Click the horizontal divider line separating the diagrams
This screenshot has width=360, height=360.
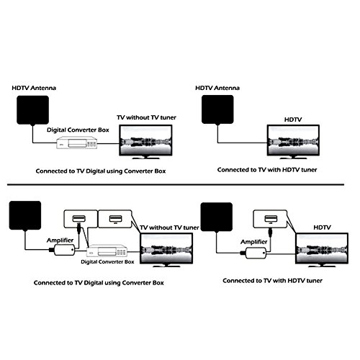click(x=176, y=185)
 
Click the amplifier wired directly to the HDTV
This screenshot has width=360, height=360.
click(x=256, y=253)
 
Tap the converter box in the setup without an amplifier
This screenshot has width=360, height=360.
click(x=77, y=143)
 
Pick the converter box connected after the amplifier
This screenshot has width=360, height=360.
click(x=107, y=251)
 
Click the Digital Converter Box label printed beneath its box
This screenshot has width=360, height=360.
click(x=107, y=262)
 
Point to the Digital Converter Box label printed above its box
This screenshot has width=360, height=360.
click(x=78, y=130)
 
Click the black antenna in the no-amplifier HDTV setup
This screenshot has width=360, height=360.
click(x=217, y=109)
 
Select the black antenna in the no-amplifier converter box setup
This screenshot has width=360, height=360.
click(x=32, y=110)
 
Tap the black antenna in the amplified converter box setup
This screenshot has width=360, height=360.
click(x=25, y=215)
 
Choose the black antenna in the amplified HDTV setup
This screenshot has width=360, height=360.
click(x=217, y=217)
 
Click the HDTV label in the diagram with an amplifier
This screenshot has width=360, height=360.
click(x=322, y=228)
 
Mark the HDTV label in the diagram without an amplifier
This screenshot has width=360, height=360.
click(x=293, y=120)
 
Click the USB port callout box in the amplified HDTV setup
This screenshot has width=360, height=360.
click(x=270, y=219)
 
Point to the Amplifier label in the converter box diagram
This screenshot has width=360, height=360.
click(x=60, y=240)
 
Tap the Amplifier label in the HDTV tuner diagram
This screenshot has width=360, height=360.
click(x=254, y=242)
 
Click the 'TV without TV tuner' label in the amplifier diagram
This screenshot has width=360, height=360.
click(x=169, y=228)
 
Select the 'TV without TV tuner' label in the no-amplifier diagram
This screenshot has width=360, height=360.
click(x=146, y=117)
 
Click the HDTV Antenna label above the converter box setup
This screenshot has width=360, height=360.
click(x=34, y=88)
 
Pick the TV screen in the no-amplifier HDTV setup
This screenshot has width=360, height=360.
click(x=293, y=140)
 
